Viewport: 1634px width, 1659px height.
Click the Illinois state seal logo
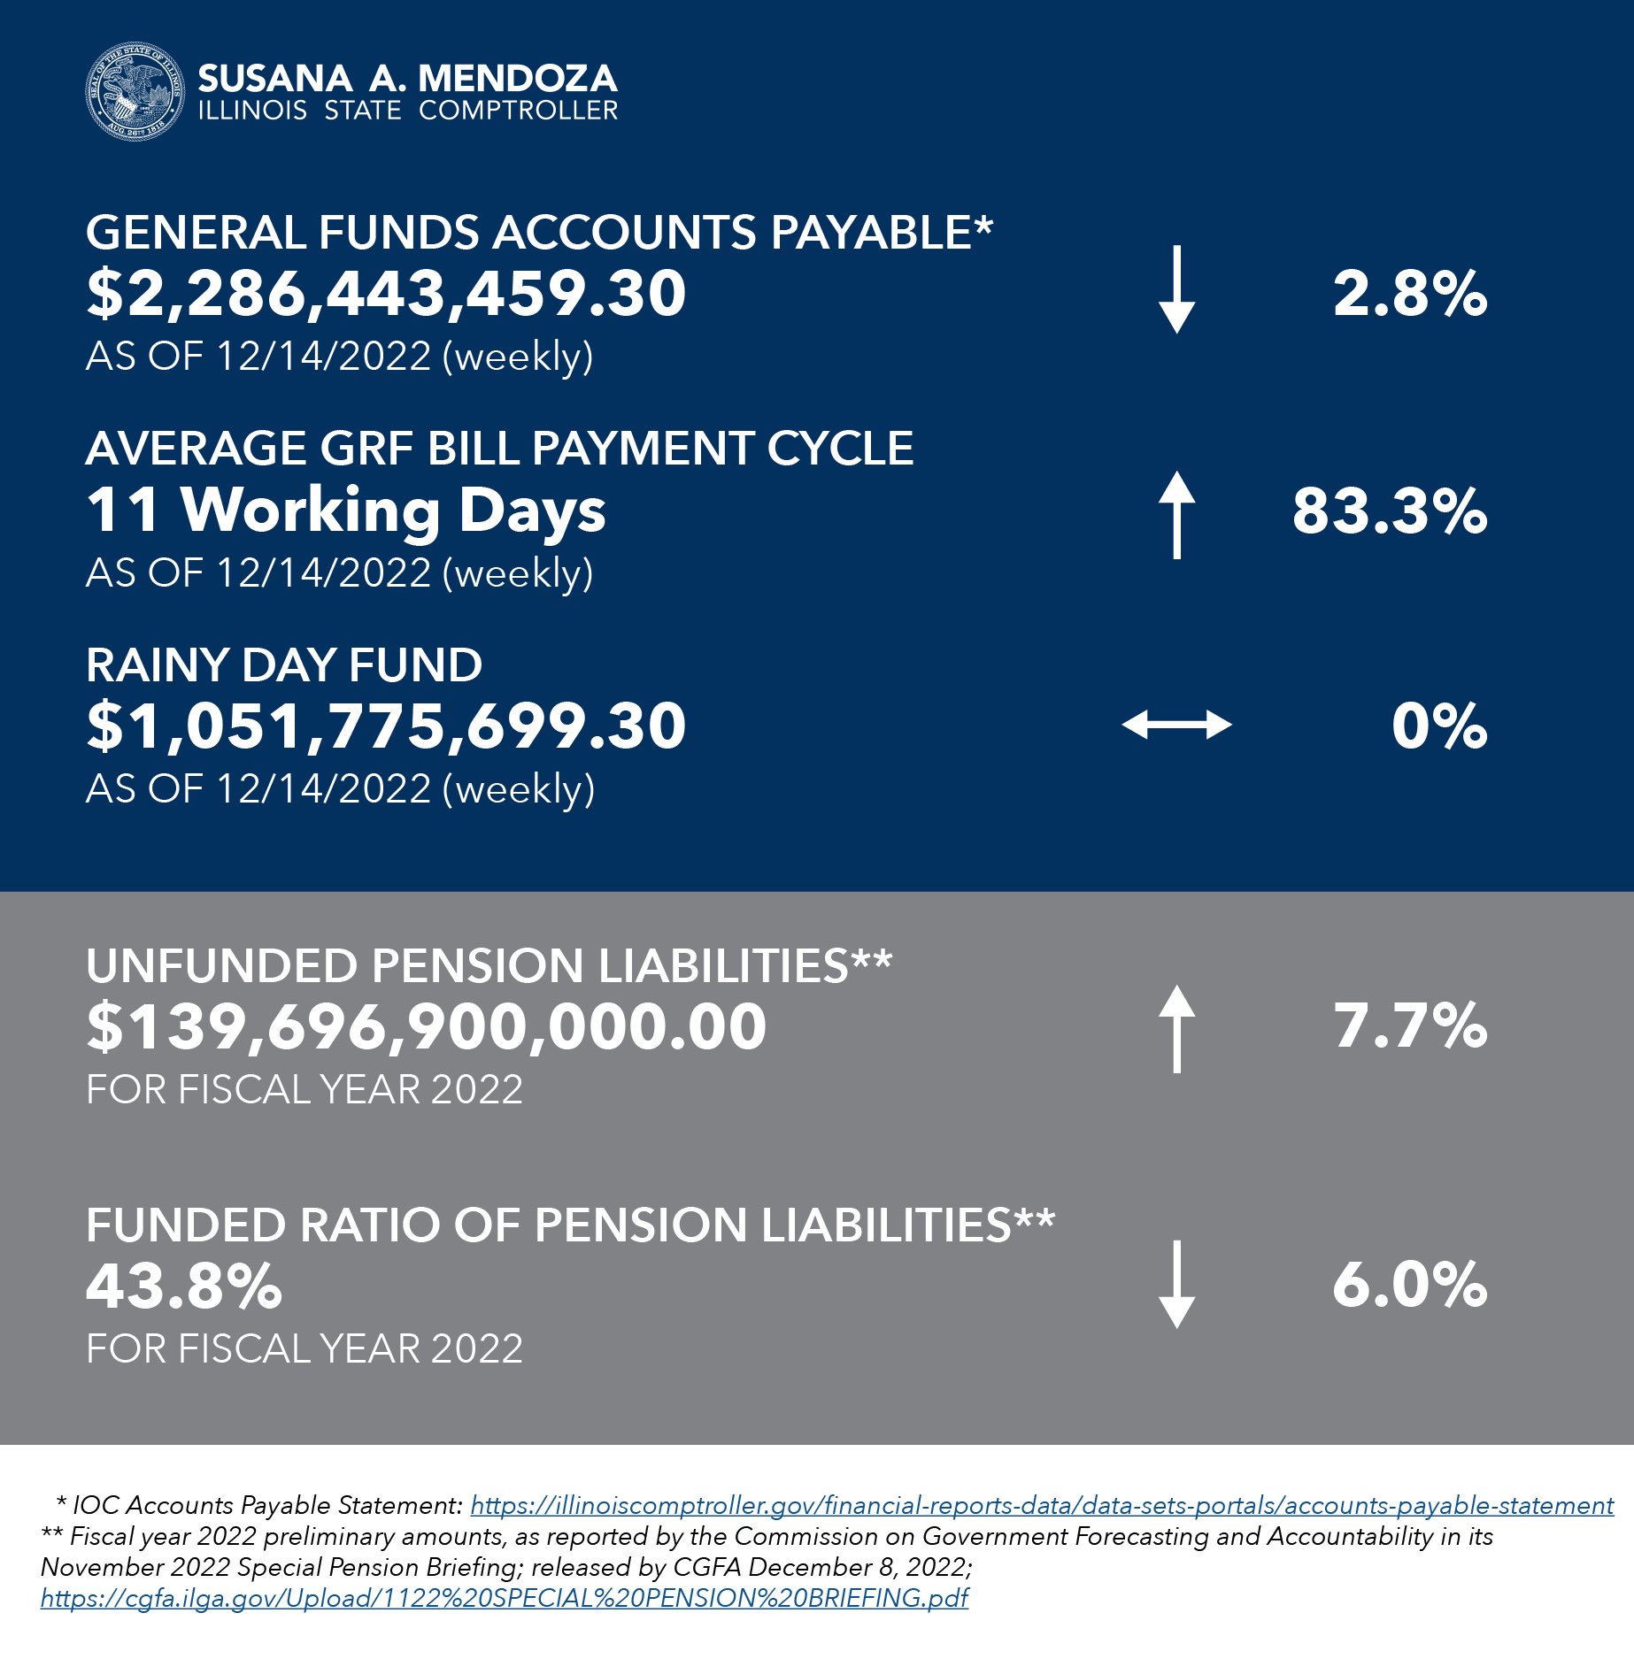click(135, 92)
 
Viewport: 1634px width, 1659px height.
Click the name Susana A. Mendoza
click(407, 79)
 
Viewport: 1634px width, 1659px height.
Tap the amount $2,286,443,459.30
click(386, 294)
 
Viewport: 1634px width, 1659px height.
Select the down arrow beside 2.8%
click(1176, 290)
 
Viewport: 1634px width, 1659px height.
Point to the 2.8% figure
click(1409, 294)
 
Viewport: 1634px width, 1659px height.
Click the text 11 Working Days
click(346, 511)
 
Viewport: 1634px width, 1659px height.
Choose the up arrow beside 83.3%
click(1176, 514)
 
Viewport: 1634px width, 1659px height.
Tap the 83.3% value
click(1389, 511)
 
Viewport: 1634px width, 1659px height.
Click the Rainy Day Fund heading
click(284, 665)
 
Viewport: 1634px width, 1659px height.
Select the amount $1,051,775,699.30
click(386, 726)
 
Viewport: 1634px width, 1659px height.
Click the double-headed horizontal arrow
click(1176, 726)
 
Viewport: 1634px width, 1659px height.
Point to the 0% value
click(1438, 726)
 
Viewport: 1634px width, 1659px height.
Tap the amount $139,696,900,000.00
click(426, 1027)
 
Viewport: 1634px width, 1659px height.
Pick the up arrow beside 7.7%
click(1176, 1028)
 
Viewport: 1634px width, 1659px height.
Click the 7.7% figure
click(1410, 1026)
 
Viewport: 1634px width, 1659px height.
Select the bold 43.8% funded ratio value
click(184, 1286)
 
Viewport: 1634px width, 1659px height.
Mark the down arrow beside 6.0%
click(1176, 1284)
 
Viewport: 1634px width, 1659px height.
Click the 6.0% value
click(1409, 1286)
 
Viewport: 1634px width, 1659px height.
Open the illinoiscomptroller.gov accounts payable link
click(1041, 1505)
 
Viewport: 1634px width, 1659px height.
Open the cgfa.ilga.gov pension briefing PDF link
click(505, 1598)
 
